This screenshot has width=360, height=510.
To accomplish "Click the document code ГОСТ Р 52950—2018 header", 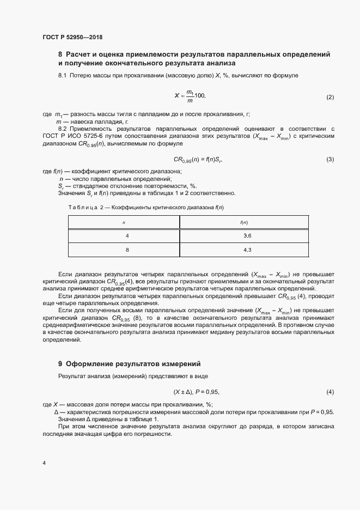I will click(x=72, y=38).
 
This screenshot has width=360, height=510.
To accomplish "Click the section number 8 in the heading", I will click(x=60, y=54).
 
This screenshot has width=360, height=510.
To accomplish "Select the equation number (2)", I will click(x=330, y=97).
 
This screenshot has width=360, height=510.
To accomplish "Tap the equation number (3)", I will click(x=330, y=160).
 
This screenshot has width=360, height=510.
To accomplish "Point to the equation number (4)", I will click(x=330, y=392).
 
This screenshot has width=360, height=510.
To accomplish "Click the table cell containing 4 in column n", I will click(x=127, y=235).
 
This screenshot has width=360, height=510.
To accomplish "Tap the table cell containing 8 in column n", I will click(x=127, y=250).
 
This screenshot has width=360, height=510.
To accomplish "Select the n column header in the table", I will click(x=124, y=222).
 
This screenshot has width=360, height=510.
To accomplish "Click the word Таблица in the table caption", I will click(x=83, y=208).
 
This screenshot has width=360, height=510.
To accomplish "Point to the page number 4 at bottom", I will click(x=44, y=463).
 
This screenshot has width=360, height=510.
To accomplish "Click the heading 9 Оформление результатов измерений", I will click(x=130, y=363).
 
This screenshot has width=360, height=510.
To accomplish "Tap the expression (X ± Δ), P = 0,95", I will click(x=196, y=392).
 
